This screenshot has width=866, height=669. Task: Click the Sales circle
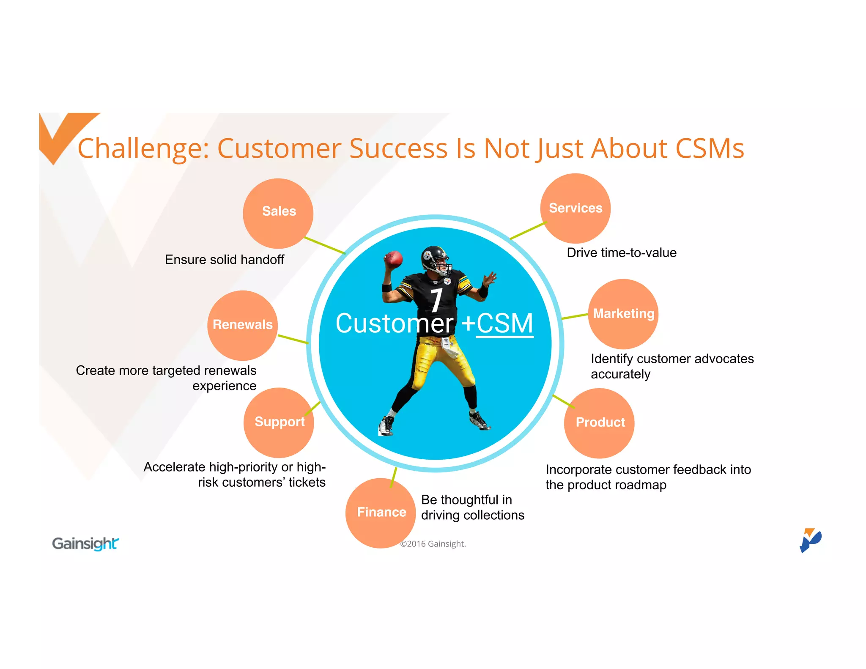278,213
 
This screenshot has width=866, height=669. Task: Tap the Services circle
575,208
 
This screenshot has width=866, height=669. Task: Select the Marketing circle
623,314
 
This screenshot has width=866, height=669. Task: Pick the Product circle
599,423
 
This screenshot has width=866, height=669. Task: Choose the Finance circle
381,513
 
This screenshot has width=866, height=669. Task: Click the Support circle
279,422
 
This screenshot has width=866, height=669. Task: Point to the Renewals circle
242,325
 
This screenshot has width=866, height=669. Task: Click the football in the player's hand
393,258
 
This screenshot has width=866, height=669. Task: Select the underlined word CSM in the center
504,324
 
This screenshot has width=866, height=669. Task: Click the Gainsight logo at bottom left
85,543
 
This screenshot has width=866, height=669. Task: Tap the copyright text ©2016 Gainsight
433,544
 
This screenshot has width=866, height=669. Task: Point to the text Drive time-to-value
621,253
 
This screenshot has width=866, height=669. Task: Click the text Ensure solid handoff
224,260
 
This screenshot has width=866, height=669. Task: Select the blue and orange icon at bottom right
810,540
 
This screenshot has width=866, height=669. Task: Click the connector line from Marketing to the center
575,316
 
